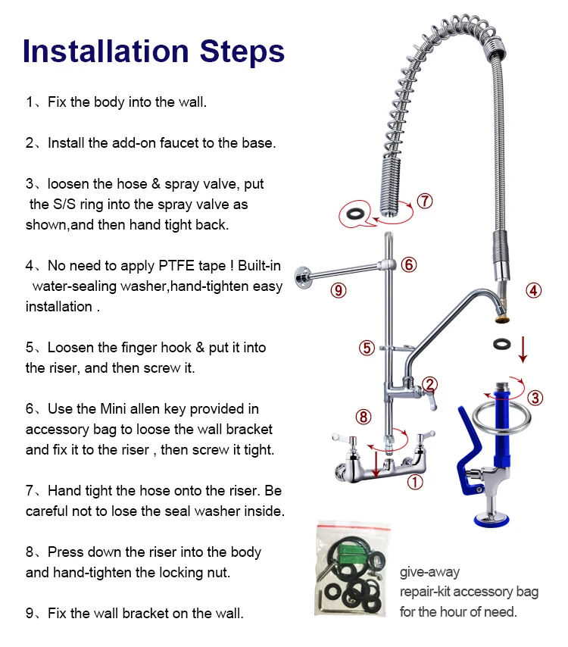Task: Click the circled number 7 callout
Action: tap(424, 202)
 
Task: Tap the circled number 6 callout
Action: tap(409, 265)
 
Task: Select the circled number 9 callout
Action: tap(339, 290)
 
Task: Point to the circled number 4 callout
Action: tap(533, 290)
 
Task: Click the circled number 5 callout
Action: tap(367, 348)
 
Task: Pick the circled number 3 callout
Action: tap(535, 399)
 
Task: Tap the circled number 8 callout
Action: tap(364, 417)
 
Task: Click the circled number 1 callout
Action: tap(415, 482)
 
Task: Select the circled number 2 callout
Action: tap(430, 384)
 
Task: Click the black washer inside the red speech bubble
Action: tap(354, 214)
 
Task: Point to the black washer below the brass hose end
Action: tap(501, 344)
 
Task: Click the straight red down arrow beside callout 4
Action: tap(523, 350)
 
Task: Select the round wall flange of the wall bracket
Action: tap(302, 278)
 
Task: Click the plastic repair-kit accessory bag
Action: tap(352, 570)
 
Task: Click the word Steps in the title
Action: tap(242, 52)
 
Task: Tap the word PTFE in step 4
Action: tap(176, 266)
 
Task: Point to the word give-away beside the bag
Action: tap(429, 572)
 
